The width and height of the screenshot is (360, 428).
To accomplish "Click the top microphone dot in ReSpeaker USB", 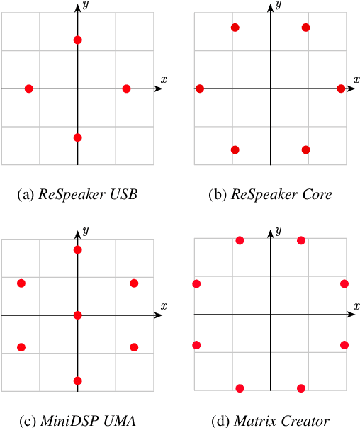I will click(78, 40).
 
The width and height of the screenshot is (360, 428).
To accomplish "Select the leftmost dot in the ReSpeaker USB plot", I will click(29, 89).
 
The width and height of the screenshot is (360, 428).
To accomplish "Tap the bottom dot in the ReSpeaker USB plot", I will click(78, 137).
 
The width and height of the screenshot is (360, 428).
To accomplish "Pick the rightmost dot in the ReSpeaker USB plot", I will click(126, 89).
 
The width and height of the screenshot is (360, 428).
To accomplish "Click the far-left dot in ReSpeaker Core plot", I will click(200, 89).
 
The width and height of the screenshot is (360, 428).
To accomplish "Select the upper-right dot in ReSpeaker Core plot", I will click(305, 28).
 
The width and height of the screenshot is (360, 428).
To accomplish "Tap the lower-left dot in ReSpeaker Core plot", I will click(235, 150).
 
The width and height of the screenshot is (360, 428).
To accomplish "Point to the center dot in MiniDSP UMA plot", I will click(78, 315).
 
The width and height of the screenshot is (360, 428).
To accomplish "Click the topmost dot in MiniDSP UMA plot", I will click(78, 249).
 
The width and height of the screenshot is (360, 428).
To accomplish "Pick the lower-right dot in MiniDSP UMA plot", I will click(134, 347).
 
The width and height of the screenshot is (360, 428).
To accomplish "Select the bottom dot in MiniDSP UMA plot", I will click(78, 381).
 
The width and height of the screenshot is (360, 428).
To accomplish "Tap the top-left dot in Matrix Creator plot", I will click(240, 241).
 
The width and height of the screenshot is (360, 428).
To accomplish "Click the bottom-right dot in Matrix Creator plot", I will click(301, 388).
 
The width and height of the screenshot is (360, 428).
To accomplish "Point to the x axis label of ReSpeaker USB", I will click(164, 79).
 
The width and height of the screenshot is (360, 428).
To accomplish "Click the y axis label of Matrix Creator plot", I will click(279, 231).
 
